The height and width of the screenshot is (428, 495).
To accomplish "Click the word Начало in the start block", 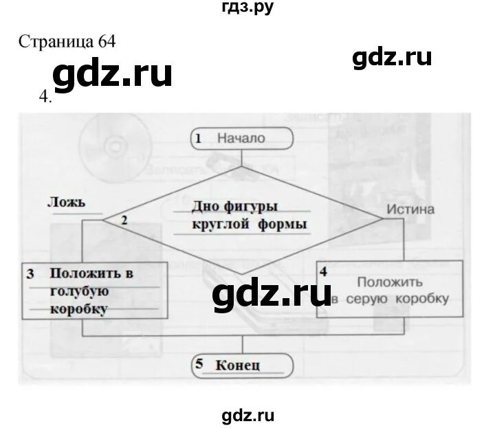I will point(241,139).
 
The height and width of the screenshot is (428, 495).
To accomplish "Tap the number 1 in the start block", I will point(198,139).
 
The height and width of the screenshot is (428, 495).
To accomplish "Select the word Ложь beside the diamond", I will point(67,202).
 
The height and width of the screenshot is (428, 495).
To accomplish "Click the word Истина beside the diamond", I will point(410,209).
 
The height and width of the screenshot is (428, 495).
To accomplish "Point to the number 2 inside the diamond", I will point(124,221).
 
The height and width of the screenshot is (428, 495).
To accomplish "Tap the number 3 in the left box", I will point(30,273).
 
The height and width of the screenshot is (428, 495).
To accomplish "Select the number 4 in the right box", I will point(323,270).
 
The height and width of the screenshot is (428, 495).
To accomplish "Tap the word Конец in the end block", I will point(237,365).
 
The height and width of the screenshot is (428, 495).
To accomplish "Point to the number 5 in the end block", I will point(199,364).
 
